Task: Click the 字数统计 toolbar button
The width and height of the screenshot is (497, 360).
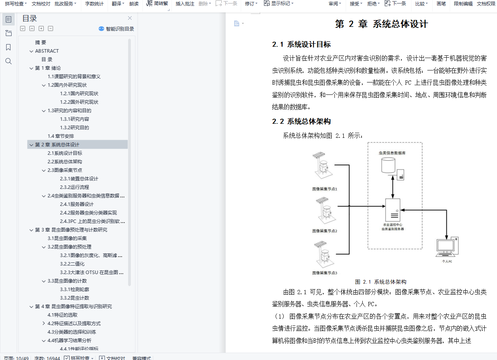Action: click(x=94, y=3)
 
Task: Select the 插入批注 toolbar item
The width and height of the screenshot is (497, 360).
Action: click(x=185, y=3)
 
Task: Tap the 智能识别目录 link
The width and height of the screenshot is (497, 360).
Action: click(x=117, y=29)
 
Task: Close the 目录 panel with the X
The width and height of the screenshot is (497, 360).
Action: click(x=130, y=18)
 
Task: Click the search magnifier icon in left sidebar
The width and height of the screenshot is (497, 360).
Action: click(x=9, y=61)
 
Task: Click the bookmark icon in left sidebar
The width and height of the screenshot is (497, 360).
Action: click(x=9, y=47)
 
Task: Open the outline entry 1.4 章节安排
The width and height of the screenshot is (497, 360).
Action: click(x=61, y=136)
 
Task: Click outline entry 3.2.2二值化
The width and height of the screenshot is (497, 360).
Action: click(x=72, y=264)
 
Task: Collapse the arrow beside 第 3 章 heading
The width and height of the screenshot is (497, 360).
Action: click(x=31, y=230)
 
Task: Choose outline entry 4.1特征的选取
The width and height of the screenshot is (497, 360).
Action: click(x=62, y=315)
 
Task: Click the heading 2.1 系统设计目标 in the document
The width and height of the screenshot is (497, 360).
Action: click(x=301, y=44)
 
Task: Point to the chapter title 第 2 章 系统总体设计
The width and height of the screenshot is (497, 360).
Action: click(x=381, y=24)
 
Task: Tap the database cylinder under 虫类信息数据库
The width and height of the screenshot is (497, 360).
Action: click(x=388, y=166)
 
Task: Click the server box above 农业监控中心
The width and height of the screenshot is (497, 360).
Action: click(x=392, y=209)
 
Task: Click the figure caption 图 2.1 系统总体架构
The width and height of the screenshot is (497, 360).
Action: click(x=380, y=282)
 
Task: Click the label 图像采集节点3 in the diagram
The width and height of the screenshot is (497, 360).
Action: click(x=325, y=273)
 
